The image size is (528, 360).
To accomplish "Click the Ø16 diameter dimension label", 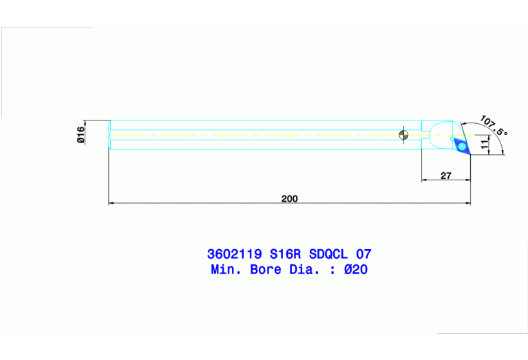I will coord(81,134).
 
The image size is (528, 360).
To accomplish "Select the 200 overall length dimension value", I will coord(289,198).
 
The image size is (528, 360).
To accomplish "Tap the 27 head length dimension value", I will coord(445,176).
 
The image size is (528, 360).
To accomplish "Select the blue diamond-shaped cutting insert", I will coord(459,144).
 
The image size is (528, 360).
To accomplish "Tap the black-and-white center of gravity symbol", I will coord(403,134).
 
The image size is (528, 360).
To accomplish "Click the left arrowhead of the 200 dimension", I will coord(112,204).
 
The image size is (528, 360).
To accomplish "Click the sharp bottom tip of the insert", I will coord(469,155).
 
